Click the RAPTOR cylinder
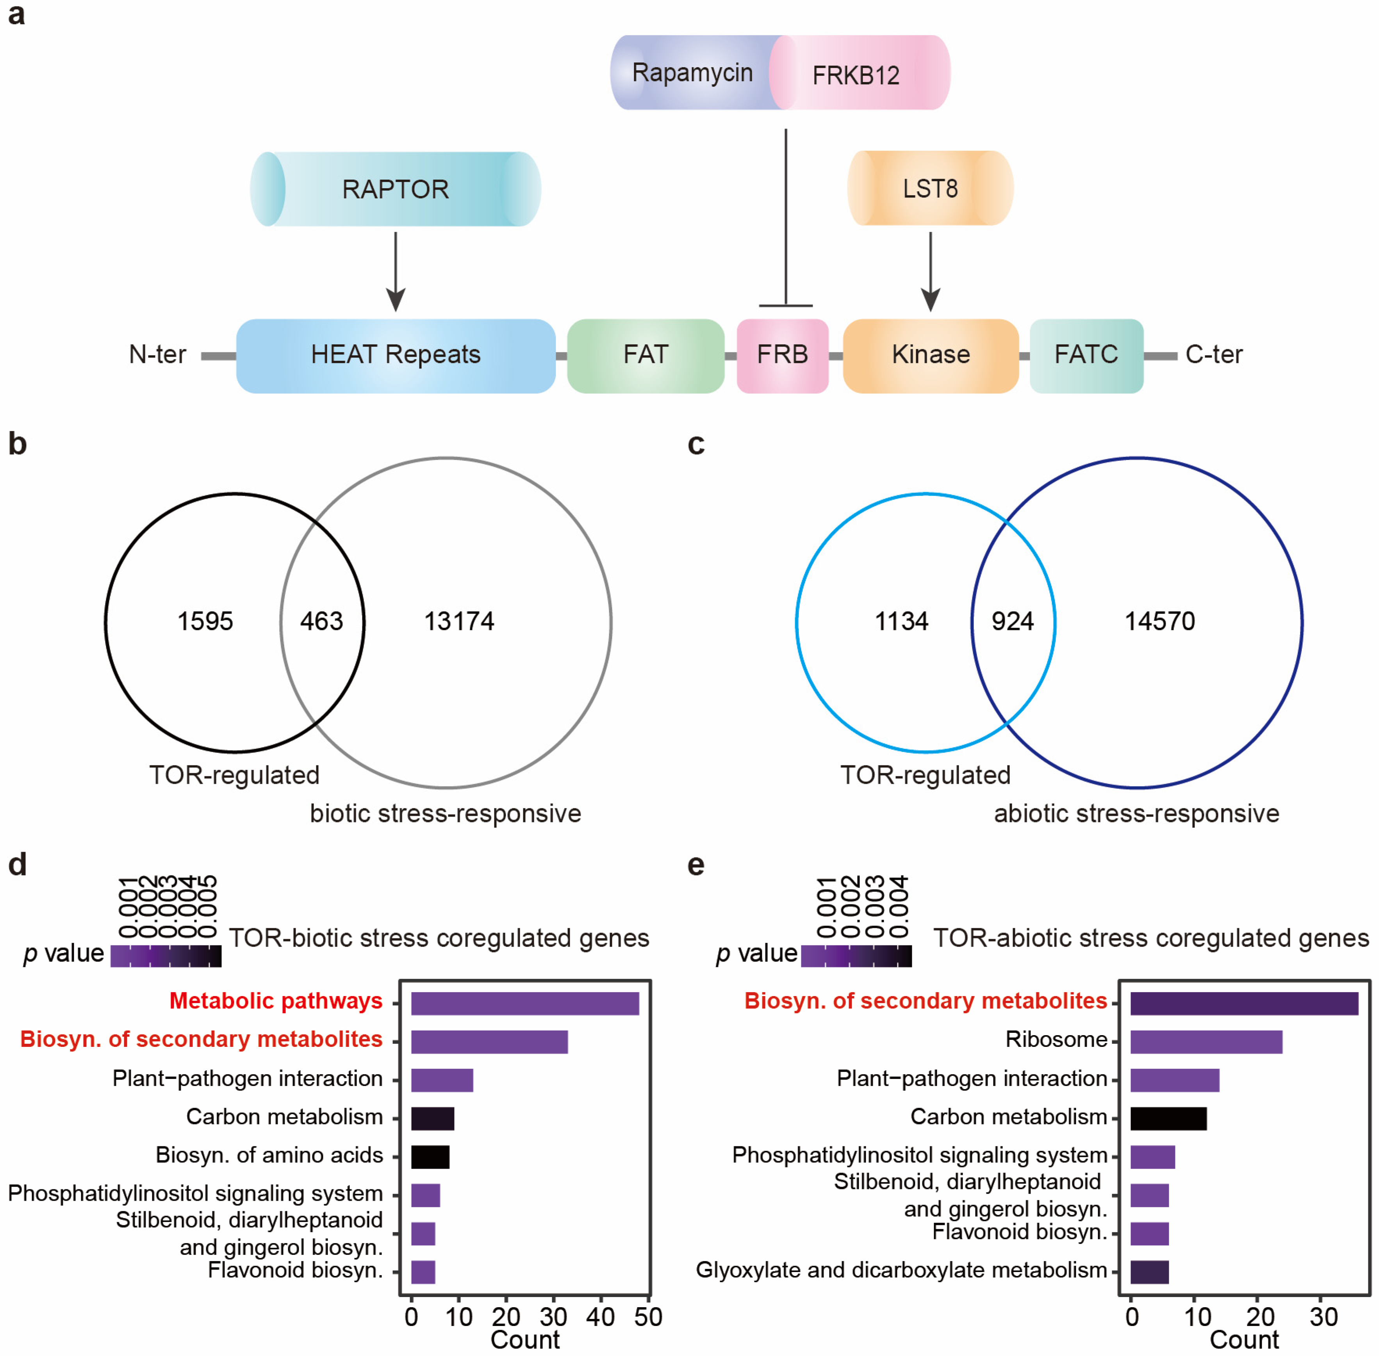(395, 189)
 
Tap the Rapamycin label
(692, 73)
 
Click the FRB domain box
(782, 355)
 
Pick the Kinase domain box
(930, 355)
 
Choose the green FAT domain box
(646, 355)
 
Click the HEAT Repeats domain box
(395, 355)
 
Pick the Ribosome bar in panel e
(1206, 1042)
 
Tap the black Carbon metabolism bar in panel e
(1168, 1119)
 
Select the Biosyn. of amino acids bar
(430, 1157)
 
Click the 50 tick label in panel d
(648, 1317)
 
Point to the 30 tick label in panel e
(1323, 1317)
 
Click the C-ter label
(1214, 355)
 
